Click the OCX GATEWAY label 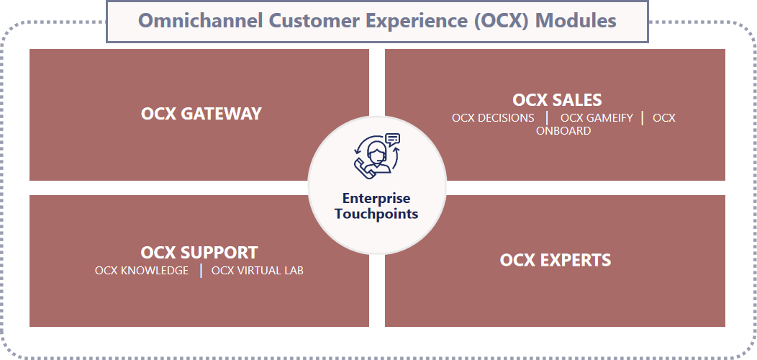pyautogui.click(x=201, y=114)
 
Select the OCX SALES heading pyautogui.click(x=557, y=99)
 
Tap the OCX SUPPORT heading pyautogui.click(x=199, y=252)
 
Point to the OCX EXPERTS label pyautogui.click(x=556, y=260)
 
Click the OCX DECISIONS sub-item pyautogui.click(x=493, y=118)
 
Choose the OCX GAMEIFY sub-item pyautogui.click(x=597, y=118)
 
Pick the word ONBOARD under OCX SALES pyautogui.click(x=563, y=131)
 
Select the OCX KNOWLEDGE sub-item pyautogui.click(x=142, y=271)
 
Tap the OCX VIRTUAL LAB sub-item pyautogui.click(x=258, y=271)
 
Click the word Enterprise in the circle pyautogui.click(x=376, y=198)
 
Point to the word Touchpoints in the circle pyautogui.click(x=376, y=214)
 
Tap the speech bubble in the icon pyautogui.click(x=393, y=140)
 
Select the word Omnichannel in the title pyautogui.click(x=200, y=21)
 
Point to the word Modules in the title pyautogui.click(x=576, y=21)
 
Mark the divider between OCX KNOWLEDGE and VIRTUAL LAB pyautogui.click(x=201, y=271)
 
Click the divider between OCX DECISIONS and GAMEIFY pyautogui.click(x=547, y=118)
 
